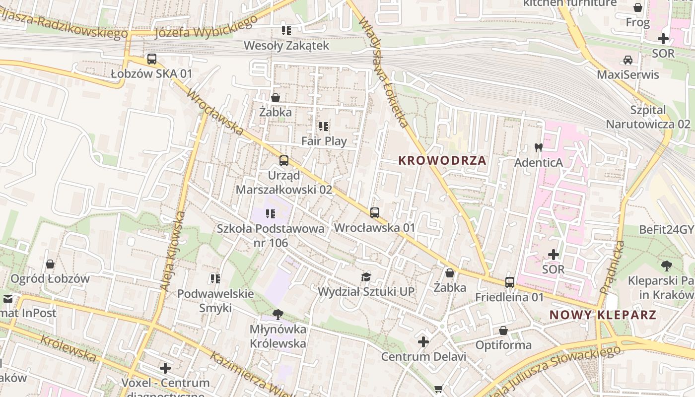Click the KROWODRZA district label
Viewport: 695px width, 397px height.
coord(442,161)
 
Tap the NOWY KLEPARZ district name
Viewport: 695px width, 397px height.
coord(603,315)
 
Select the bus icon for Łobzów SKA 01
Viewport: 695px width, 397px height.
coord(152,59)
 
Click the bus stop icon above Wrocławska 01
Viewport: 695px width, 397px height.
coord(375,213)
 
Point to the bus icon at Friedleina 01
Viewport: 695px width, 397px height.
coord(510,282)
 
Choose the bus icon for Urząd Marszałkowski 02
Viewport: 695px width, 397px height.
coord(284,161)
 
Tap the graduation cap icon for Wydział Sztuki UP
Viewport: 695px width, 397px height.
coord(366,277)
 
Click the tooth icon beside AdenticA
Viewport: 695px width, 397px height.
coord(538,147)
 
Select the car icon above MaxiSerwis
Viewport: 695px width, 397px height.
coord(628,60)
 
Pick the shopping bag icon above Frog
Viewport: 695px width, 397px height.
coord(638,7)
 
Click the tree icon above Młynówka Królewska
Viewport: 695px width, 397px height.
coord(278,314)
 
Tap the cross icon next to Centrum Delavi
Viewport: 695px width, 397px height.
coord(423,341)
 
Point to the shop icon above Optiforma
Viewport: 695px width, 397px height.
coord(503,330)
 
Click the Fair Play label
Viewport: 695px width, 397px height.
coord(324,141)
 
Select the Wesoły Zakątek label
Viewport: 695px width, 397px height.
coord(286,46)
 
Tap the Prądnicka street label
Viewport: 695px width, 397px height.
coord(611,267)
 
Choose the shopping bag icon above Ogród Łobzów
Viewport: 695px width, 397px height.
coord(50,264)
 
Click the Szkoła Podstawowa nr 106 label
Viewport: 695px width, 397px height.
coord(271,236)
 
